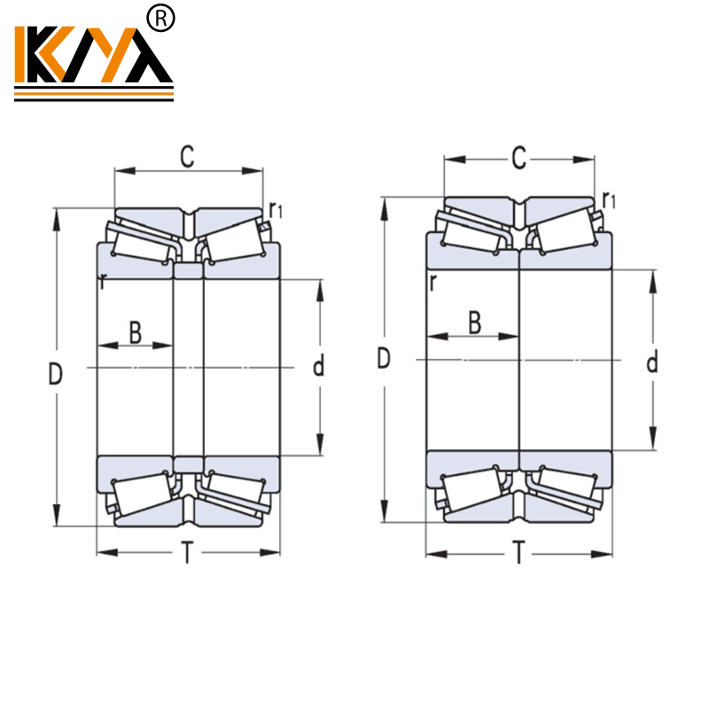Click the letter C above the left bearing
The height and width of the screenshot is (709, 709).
pyautogui.click(x=187, y=157)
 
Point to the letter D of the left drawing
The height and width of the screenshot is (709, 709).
pyautogui.click(x=55, y=375)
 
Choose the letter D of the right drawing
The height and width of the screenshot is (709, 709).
pyautogui.click(x=384, y=358)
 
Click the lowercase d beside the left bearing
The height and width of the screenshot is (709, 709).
pyautogui.click(x=319, y=365)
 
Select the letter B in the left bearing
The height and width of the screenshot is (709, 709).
pyautogui.click(x=135, y=333)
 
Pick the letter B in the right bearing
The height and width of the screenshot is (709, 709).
pyautogui.click(x=474, y=323)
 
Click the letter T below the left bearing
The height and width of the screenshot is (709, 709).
pyautogui.click(x=187, y=554)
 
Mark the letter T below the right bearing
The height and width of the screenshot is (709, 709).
pyautogui.click(x=518, y=554)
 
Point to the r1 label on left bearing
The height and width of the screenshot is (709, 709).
pyautogui.click(x=276, y=210)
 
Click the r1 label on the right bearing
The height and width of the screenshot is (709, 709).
pyautogui.click(x=608, y=199)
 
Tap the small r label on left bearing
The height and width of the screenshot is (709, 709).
pyautogui.click(x=104, y=283)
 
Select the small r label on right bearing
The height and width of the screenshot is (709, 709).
pyautogui.click(x=432, y=283)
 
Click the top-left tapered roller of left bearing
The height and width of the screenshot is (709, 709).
pyautogui.click(x=142, y=239)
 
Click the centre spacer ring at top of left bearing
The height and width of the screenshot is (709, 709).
pyautogui.click(x=188, y=272)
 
